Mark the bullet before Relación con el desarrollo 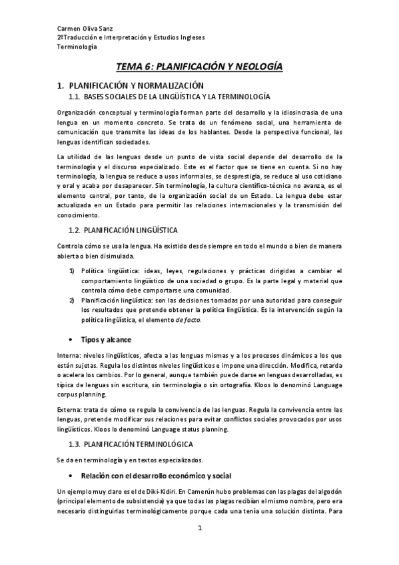(71, 476)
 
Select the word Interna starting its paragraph (69, 356)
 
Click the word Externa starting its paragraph (69, 408)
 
